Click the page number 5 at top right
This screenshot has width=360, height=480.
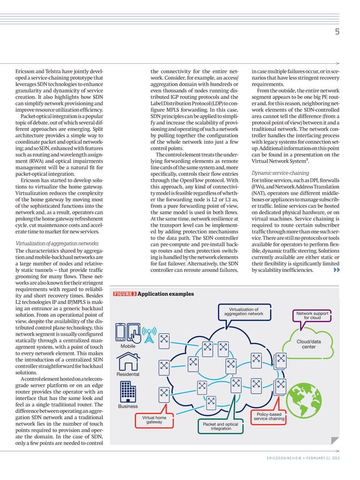336,32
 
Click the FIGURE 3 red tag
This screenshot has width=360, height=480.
124,294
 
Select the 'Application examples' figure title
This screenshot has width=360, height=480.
166,294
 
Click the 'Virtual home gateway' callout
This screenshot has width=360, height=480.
154,420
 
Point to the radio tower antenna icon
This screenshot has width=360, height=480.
149,332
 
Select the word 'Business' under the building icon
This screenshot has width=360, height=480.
128,406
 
